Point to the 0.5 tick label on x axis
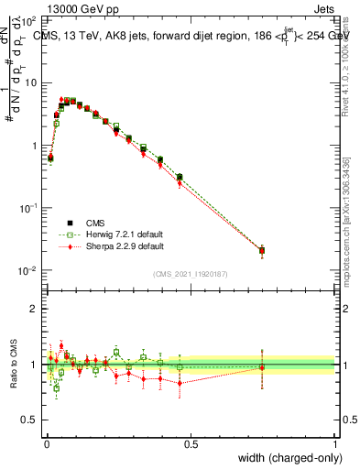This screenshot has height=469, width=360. tap(191, 443)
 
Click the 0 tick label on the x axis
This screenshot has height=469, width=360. tap(46, 443)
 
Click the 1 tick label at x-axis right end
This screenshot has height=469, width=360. tap(335, 443)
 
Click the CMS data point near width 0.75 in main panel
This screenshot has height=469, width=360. tap(262, 250)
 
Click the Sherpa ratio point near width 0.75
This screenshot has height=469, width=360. tap(262, 367)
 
